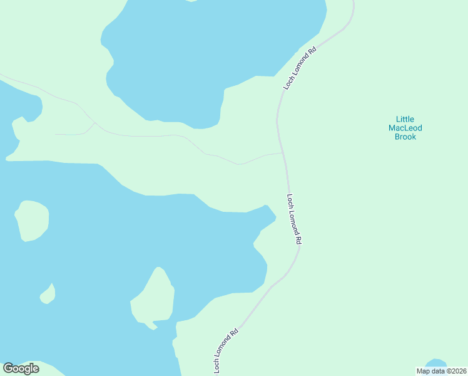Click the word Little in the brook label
pyautogui.click(x=405, y=119)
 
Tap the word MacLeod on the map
pyautogui.click(x=405, y=128)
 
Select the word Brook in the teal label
pyautogui.click(x=405, y=137)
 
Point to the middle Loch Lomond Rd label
pyautogui.click(x=294, y=219)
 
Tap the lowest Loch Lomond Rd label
pyautogui.click(x=226, y=351)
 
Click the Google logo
pyautogui.click(x=21, y=368)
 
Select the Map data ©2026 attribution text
pyautogui.click(x=440, y=371)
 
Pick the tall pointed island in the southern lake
pyautogui.click(x=153, y=297)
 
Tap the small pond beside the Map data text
pyautogui.click(x=435, y=363)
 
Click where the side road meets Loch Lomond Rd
pyautogui.click(x=283, y=152)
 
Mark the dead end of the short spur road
pyautogui.click(x=56, y=134)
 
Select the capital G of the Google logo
pyautogui.click(x=8, y=368)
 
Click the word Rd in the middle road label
pyautogui.click(x=299, y=239)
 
